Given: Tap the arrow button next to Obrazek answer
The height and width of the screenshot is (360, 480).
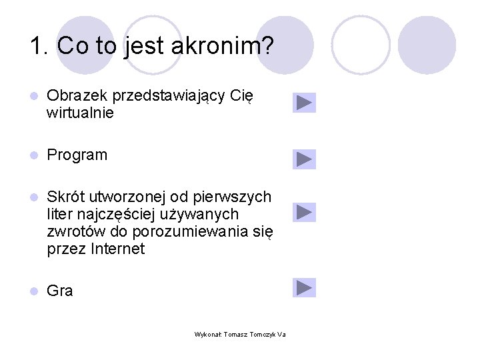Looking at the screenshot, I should pyautogui.click(x=304, y=103).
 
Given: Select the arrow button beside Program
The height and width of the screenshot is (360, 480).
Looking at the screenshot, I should pyautogui.click(x=304, y=159).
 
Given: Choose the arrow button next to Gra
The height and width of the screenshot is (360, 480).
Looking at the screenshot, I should pyautogui.click(x=304, y=288).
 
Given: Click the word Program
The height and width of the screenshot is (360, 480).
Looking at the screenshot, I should pyautogui.click(x=77, y=155).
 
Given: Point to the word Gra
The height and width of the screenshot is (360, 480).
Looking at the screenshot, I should pyautogui.click(x=60, y=291).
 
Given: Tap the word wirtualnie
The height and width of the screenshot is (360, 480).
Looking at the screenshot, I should pyautogui.click(x=81, y=113).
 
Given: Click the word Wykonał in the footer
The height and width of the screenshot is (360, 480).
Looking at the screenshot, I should pyautogui.click(x=207, y=335).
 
